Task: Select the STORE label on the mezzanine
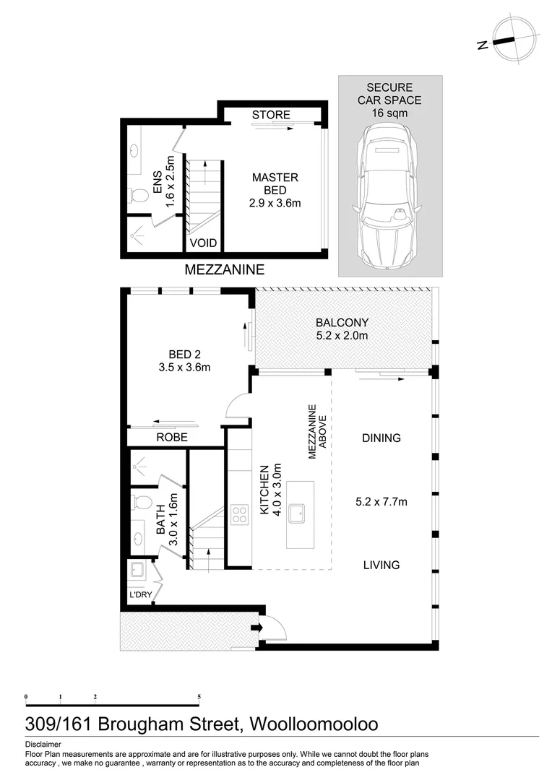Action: (271, 115)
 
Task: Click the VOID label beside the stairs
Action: (203, 243)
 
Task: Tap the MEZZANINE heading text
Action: (225, 270)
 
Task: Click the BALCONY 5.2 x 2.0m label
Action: (342, 329)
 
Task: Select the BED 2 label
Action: (184, 360)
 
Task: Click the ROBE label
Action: (172, 437)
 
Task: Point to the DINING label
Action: (381, 438)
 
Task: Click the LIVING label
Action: (381, 565)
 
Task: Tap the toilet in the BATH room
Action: (142, 503)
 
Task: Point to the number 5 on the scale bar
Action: (199, 697)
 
